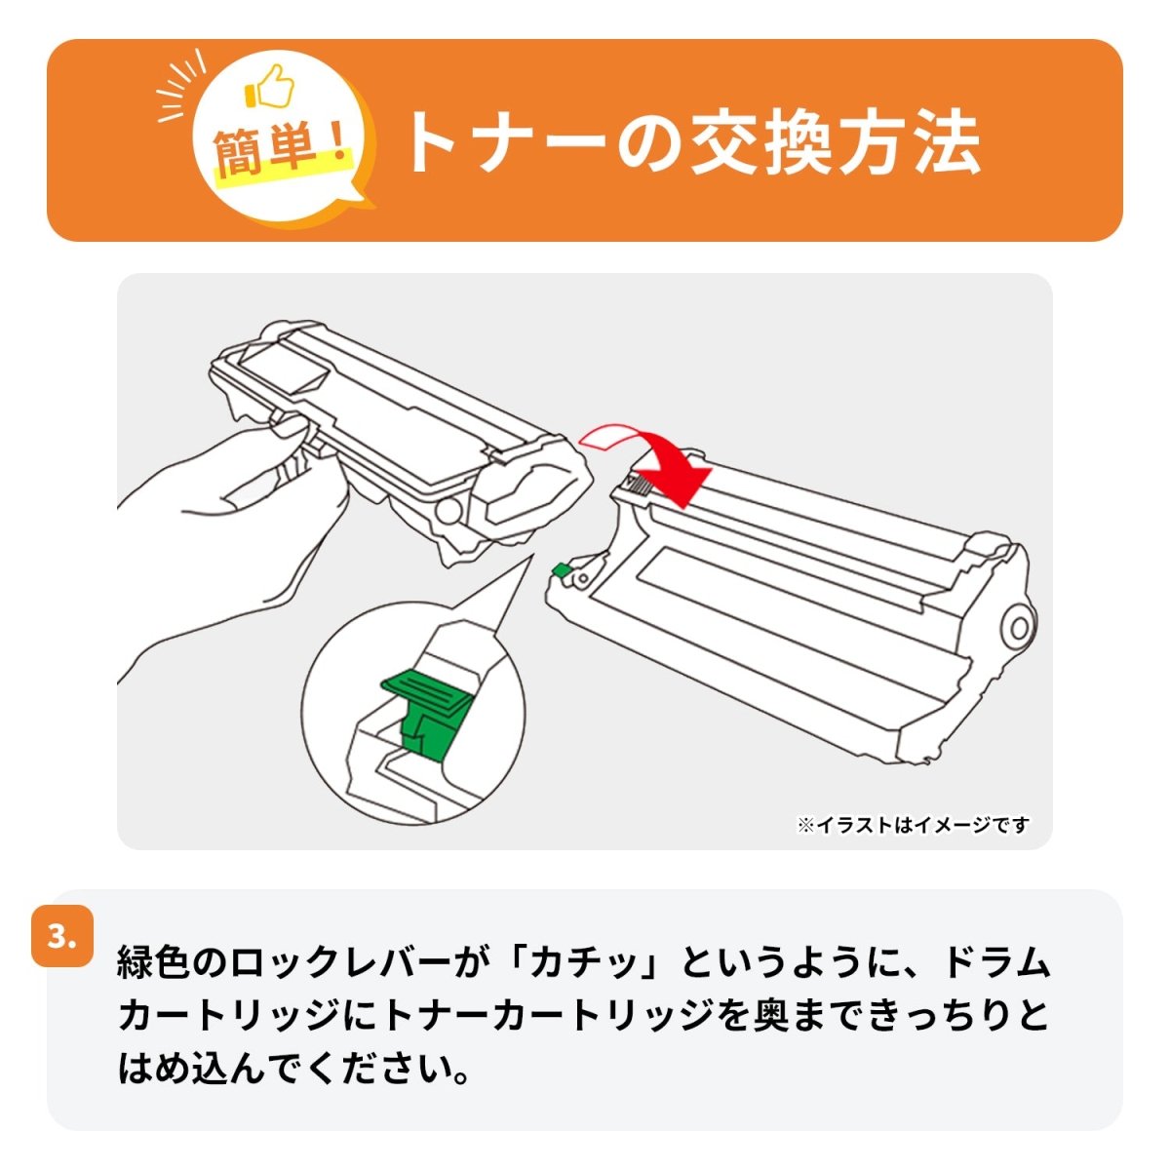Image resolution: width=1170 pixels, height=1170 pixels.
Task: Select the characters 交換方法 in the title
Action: point(835,143)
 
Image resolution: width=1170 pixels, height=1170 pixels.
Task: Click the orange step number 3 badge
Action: point(62,937)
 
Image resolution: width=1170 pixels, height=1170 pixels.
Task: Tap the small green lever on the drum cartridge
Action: point(561,571)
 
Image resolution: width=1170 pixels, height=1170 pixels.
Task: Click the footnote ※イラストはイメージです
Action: point(913,826)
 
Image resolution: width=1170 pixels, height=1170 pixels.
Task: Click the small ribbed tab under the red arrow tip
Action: point(639,482)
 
